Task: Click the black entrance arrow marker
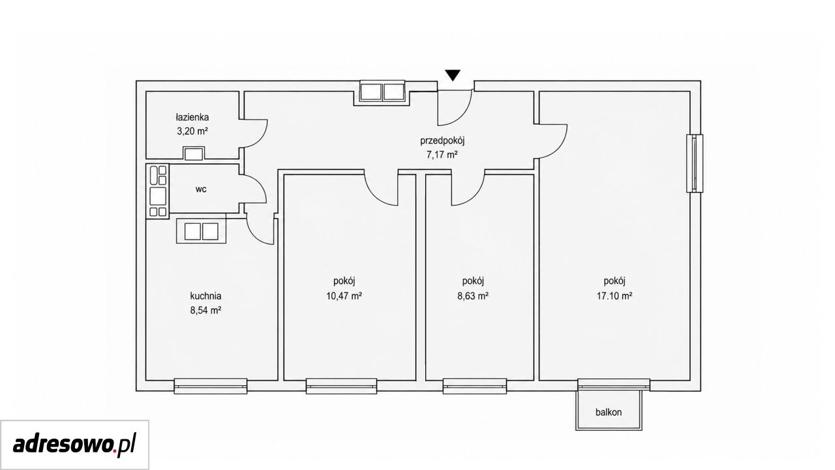453,75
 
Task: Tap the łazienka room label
192,117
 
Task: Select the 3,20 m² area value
192,131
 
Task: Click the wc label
201,189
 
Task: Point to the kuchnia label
205,296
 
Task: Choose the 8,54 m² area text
205,310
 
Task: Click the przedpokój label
442,141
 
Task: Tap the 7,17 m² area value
442,155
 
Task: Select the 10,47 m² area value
344,296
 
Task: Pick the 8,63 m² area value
473,296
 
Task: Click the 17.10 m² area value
615,296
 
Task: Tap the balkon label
609,412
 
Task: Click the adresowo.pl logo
74,445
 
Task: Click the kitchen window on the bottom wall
211,386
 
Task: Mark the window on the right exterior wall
695,163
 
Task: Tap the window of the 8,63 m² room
475,386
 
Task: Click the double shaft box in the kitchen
202,231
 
